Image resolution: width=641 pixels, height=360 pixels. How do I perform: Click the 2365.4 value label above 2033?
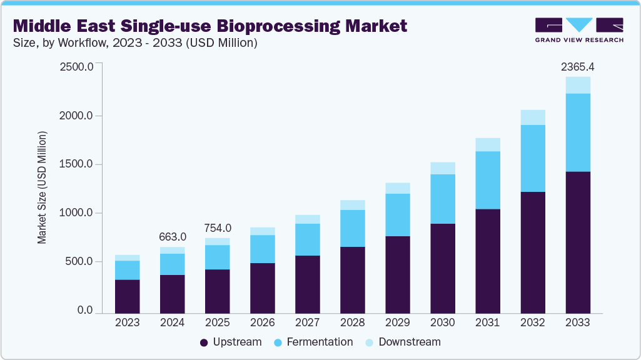[577, 66]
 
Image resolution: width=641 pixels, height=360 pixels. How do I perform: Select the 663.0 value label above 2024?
[173, 236]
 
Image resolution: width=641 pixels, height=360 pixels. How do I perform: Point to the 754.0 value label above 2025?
[218, 227]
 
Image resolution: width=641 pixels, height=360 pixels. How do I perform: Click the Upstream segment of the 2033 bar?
[578, 242]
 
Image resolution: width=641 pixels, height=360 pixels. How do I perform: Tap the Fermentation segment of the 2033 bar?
[578, 132]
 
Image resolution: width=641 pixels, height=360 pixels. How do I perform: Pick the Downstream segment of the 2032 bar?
[533, 117]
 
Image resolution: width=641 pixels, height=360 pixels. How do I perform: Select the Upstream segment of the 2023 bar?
[128, 296]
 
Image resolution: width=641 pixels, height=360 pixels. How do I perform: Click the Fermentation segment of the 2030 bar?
[443, 199]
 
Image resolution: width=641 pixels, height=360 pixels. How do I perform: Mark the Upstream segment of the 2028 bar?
[353, 279]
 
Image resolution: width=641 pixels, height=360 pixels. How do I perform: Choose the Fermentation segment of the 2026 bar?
[263, 249]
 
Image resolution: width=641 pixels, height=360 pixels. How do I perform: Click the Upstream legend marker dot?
[204, 342]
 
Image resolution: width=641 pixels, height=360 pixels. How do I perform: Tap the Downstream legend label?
[409, 342]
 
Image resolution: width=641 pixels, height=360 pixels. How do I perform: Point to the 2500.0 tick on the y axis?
[76, 67]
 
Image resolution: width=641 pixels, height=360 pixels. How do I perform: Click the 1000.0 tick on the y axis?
[76, 213]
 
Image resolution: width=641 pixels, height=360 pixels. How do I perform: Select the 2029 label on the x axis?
[398, 323]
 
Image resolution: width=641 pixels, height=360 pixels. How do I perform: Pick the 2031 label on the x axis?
[488, 323]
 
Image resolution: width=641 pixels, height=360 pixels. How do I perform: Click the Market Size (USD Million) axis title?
[42, 187]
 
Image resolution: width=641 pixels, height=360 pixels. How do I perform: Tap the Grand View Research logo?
[578, 30]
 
